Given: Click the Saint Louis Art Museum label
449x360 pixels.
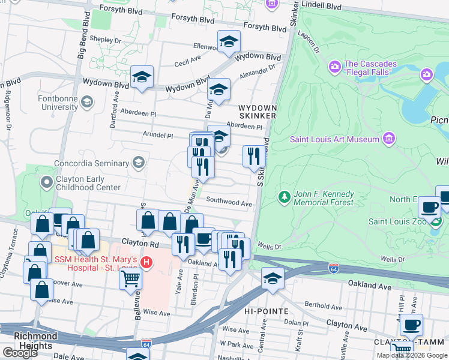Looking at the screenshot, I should click(x=334, y=139).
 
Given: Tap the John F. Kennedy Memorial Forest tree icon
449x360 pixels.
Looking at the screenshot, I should click(x=285, y=196).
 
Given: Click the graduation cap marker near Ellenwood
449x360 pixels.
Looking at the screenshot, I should click(x=229, y=41).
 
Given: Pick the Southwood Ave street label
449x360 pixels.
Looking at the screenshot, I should click(x=229, y=203).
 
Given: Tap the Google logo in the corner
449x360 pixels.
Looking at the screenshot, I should click(x=19, y=353).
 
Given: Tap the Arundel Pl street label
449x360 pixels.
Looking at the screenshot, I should click(x=158, y=136).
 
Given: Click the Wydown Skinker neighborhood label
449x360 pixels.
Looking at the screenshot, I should click(x=258, y=111).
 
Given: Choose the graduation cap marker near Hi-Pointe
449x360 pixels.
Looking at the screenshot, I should click(x=272, y=279).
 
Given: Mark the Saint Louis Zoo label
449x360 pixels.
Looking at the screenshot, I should click(x=397, y=221).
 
